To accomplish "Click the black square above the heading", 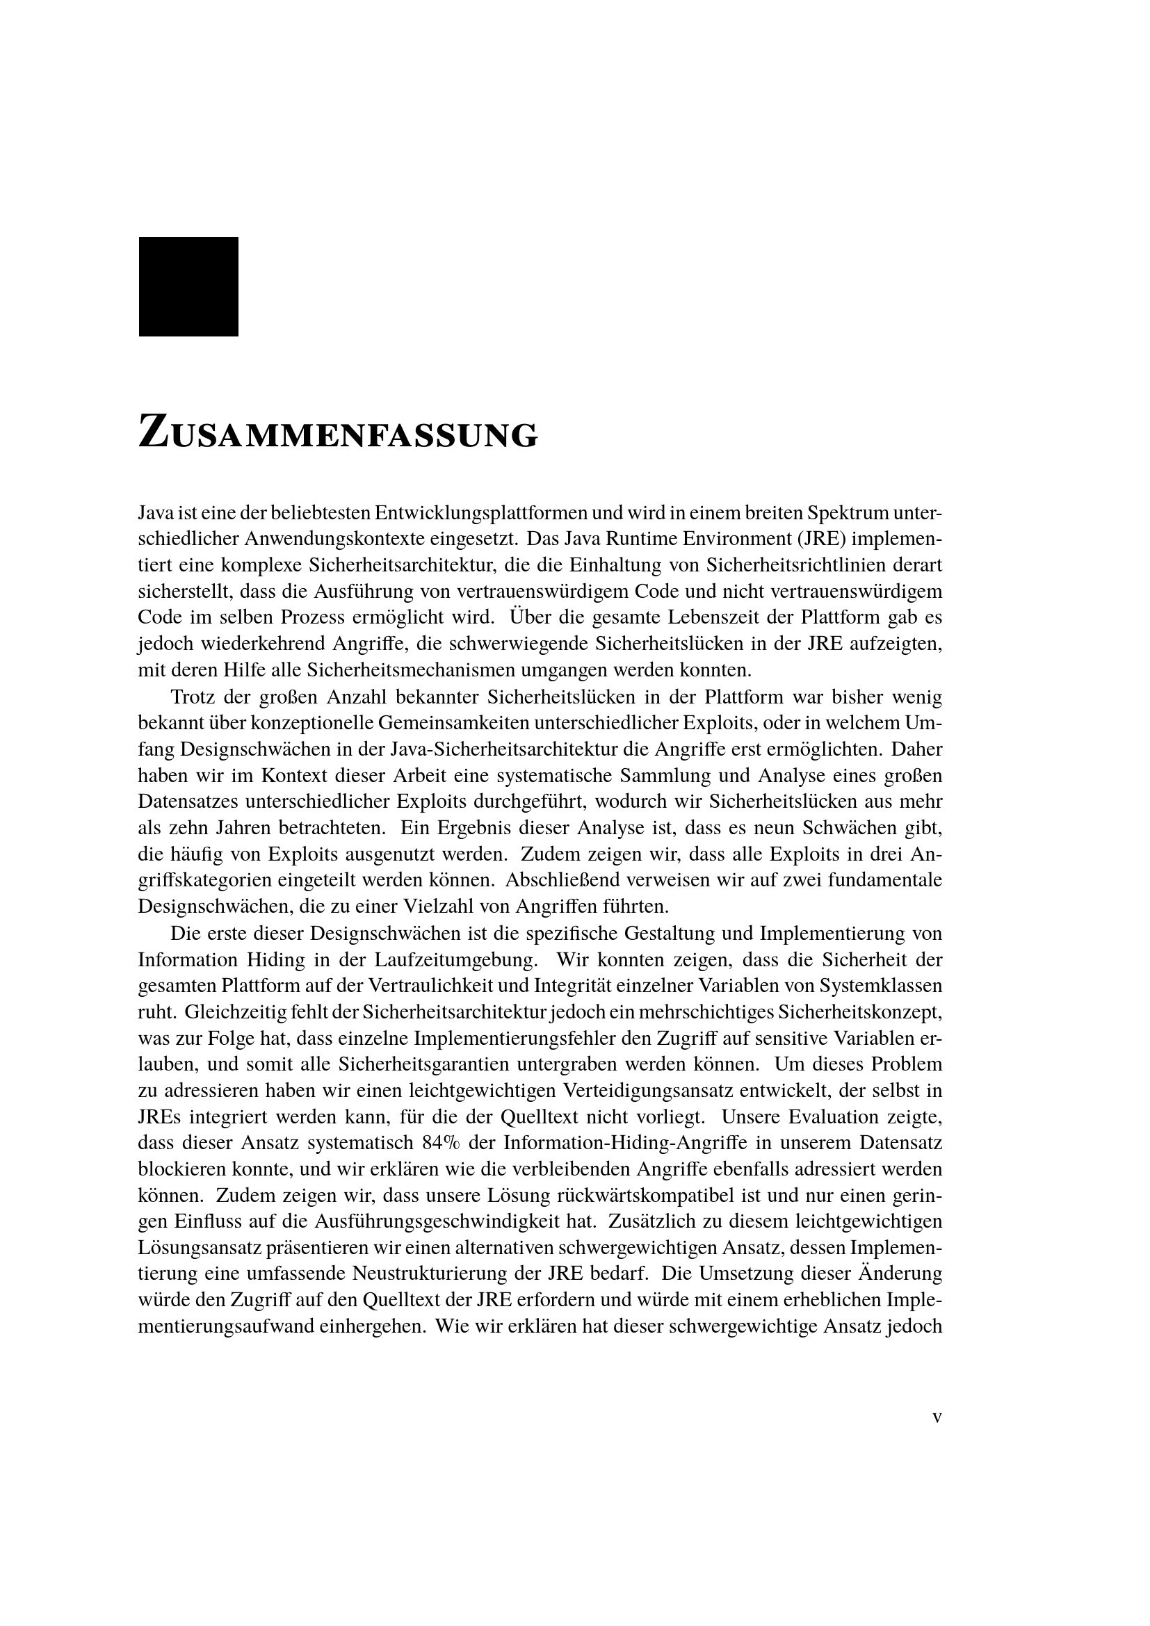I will click(188, 286).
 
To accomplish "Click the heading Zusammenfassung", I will click(338, 432).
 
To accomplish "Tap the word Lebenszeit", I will click(714, 617).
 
